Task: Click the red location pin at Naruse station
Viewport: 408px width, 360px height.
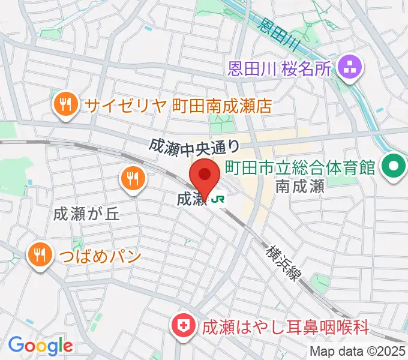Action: (205, 176)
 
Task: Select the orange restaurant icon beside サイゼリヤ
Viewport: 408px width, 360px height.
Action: (64, 106)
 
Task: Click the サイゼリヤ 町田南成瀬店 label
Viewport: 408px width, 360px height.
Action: (178, 106)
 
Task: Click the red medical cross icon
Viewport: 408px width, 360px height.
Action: (183, 326)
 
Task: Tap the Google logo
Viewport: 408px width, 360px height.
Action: (40, 346)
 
